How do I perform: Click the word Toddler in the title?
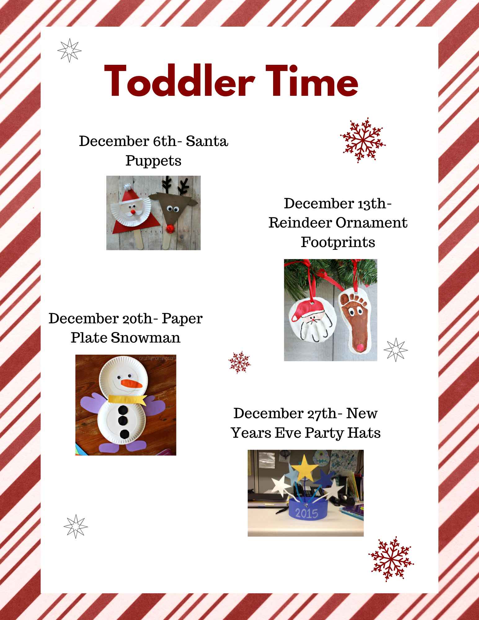180,82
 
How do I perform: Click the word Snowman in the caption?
145,337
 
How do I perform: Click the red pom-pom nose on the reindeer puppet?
170,229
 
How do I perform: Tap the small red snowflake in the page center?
239,362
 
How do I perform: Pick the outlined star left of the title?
69,50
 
